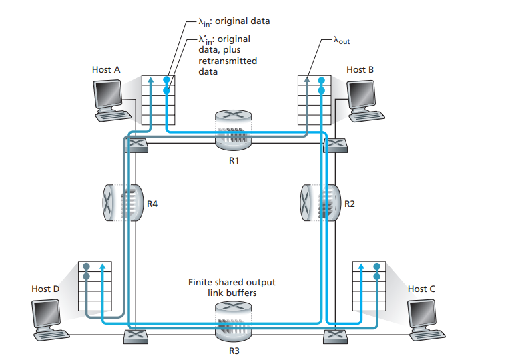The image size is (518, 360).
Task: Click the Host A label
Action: tap(106, 69)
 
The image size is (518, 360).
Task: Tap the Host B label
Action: tap(360, 69)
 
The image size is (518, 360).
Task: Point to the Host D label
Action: tap(45, 289)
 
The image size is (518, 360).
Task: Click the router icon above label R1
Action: tap(231, 131)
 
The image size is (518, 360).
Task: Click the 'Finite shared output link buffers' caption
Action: tap(231, 287)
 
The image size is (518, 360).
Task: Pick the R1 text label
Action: tap(231, 161)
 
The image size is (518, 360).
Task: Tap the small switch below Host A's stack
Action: tap(138, 143)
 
